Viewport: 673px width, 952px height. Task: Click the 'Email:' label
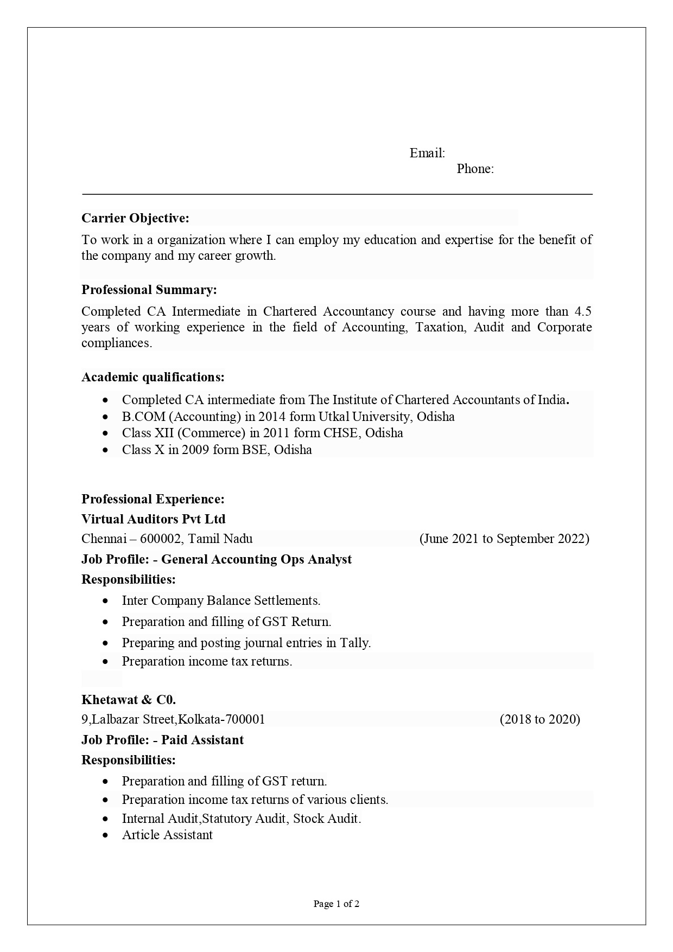[x=427, y=153]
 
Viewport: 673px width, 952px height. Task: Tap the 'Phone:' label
[x=475, y=169]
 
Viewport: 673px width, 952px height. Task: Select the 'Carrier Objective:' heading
[x=135, y=218]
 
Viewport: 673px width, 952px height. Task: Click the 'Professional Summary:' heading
[x=149, y=290]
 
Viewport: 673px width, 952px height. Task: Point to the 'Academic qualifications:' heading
[x=153, y=377]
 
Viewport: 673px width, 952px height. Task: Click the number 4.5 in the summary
[x=583, y=311]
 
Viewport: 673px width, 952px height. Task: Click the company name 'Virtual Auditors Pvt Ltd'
[x=153, y=519]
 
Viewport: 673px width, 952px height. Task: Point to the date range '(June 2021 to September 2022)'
[x=504, y=539]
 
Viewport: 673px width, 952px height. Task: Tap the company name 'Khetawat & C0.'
[x=129, y=699]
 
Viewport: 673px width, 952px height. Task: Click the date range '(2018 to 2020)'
[x=539, y=719]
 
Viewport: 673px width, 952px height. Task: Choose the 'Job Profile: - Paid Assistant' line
[x=162, y=740]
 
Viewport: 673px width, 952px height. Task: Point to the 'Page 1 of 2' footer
[x=336, y=904]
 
